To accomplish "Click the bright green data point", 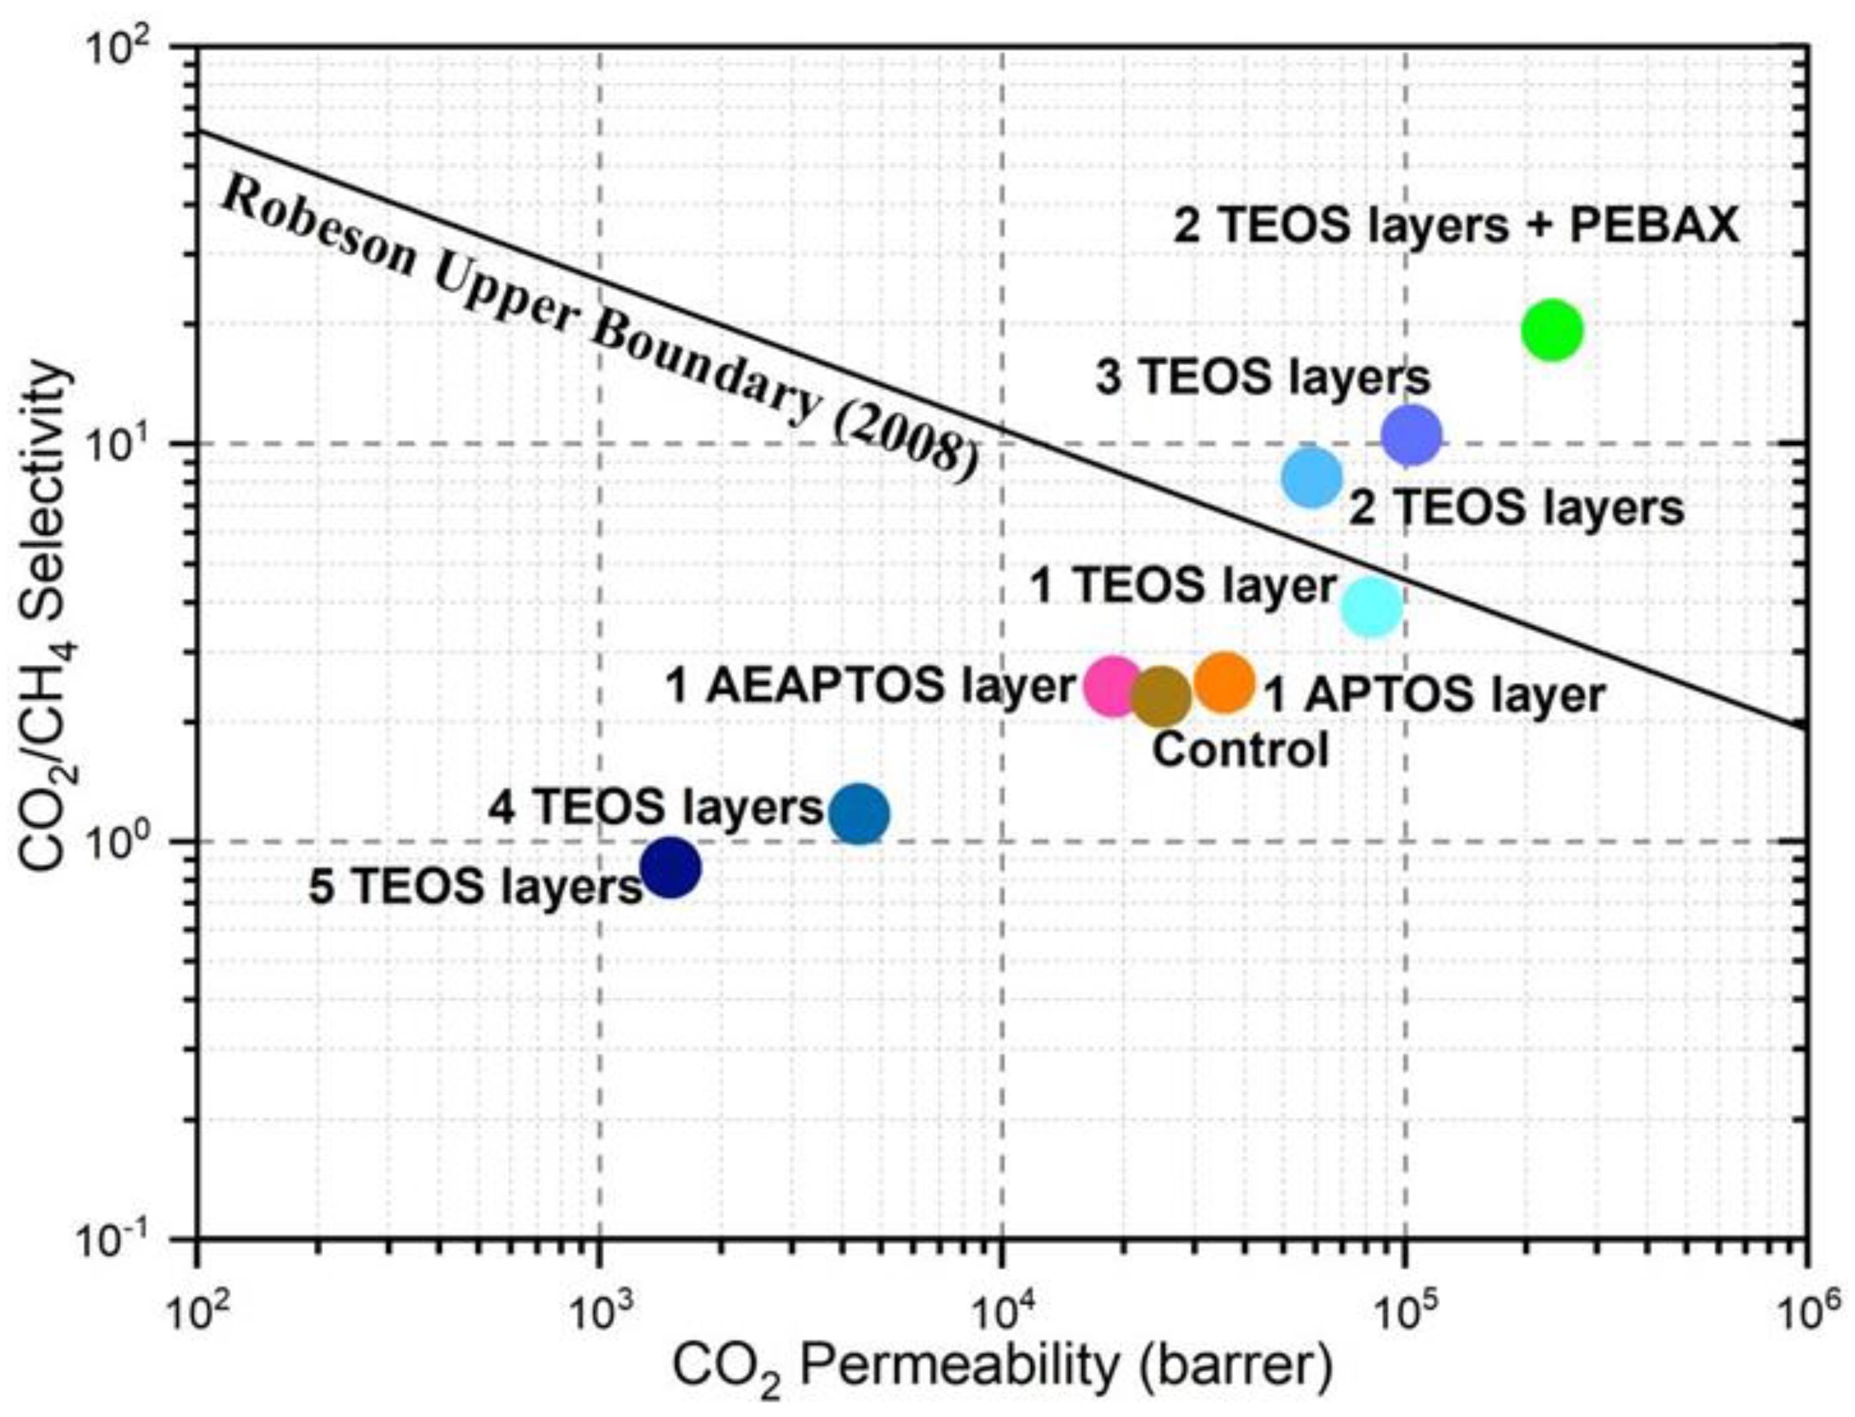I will (x=1551, y=330).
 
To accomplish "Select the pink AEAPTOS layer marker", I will (x=1112, y=687).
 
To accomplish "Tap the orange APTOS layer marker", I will (x=1225, y=681).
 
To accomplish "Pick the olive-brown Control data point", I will (x=1161, y=696).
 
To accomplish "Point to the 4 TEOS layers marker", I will (x=859, y=814).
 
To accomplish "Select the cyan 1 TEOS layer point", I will (x=1372, y=607).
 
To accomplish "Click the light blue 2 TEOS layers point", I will (x=1312, y=478).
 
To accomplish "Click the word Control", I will (x=1240, y=749).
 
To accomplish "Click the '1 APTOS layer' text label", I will (x=1434, y=697).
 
